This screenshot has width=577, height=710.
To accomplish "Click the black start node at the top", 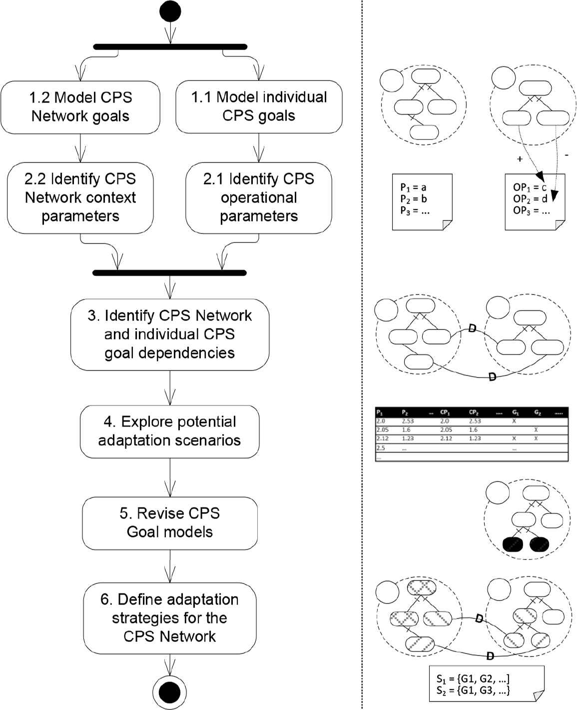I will click(x=170, y=12).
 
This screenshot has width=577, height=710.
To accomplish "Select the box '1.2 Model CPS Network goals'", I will click(x=80, y=107).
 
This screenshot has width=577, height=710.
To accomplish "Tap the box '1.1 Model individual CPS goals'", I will click(x=259, y=106).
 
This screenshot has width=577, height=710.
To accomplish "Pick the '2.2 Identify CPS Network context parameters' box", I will click(x=80, y=197).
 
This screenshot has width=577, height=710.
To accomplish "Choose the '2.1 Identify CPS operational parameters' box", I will click(x=259, y=197).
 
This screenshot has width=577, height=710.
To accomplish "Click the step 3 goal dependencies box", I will click(x=170, y=334).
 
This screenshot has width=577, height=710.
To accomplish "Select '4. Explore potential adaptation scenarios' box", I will click(x=170, y=431).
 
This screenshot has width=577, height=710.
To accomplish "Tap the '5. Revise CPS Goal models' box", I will click(x=170, y=522).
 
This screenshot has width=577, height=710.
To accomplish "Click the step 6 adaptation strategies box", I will click(x=170, y=618).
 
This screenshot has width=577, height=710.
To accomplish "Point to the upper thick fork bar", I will click(x=170, y=47).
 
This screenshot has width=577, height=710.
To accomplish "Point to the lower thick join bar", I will click(x=170, y=273).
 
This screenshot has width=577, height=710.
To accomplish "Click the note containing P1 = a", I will click(x=422, y=201).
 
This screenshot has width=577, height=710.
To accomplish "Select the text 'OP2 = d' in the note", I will click(x=530, y=199).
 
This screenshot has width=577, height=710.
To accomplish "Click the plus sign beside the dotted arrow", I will click(x=520, y=159).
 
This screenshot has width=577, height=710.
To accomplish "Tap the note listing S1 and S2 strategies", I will click(x=486, y=684).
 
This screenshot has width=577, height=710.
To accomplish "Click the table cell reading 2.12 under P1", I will click(x=382, y=438).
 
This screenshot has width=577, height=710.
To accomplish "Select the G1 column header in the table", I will click(x=516, y=412).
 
